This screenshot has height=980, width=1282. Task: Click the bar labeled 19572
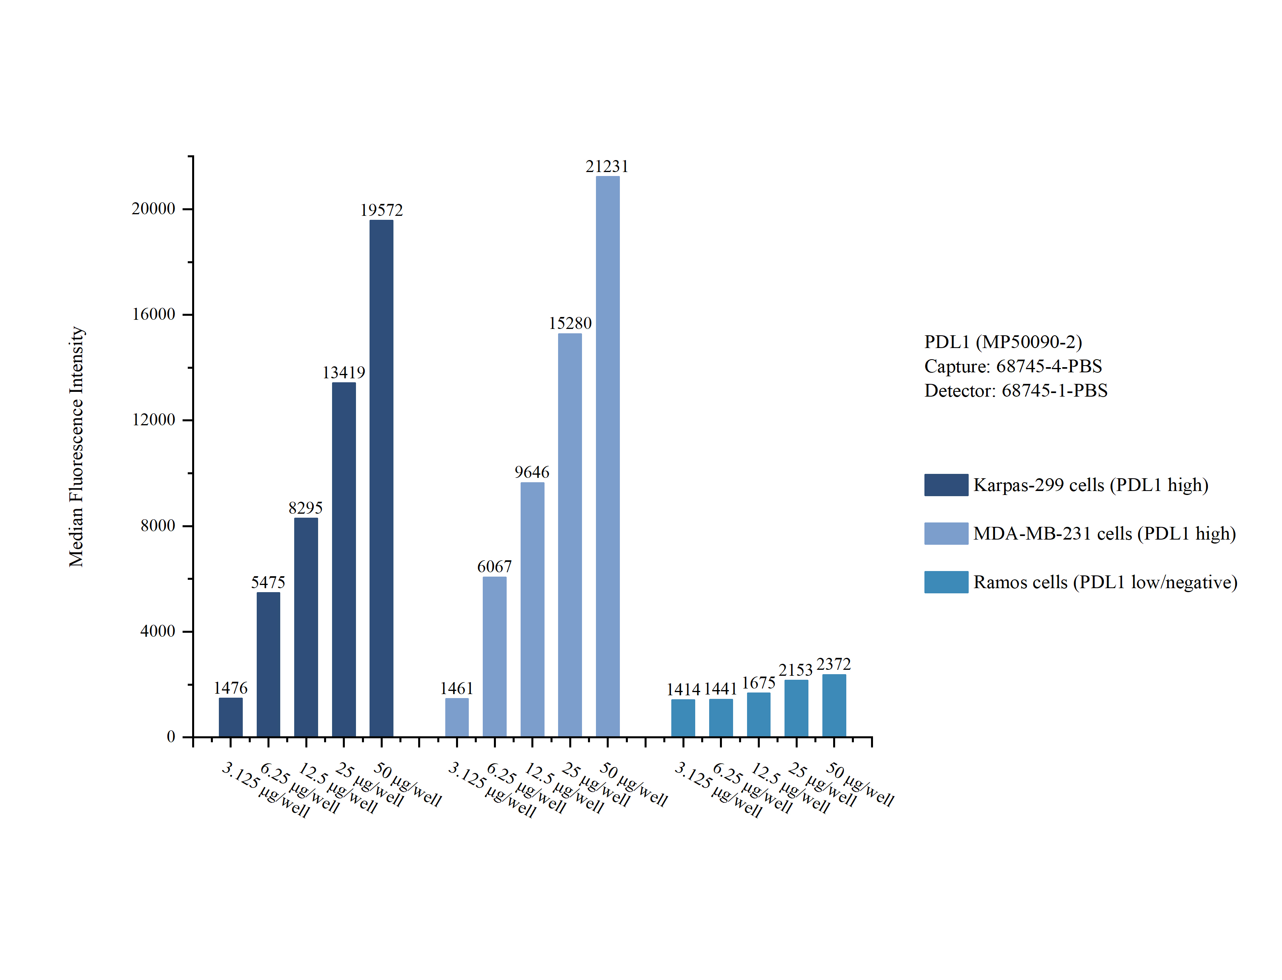(x=381, y=478)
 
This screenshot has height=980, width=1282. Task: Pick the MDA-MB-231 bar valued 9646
(x=532, y=610)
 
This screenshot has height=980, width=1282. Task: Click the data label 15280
(x=570, y=323)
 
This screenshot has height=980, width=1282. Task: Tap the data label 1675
(x=758, y=683)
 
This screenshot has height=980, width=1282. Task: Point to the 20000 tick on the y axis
(x=153, y=209)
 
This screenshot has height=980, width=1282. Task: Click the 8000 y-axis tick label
(x=157, y=526)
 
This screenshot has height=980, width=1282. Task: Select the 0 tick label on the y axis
(x=171, y=737)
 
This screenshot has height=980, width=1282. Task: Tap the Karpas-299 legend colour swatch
(x=946, y=485)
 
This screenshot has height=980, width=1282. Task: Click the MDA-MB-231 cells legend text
(x=1104, y=534)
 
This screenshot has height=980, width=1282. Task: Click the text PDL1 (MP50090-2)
(x=1003, y=342)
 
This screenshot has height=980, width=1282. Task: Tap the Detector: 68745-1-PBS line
(x=1016, y=391)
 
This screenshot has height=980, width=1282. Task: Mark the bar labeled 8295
(x=306, y=627)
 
